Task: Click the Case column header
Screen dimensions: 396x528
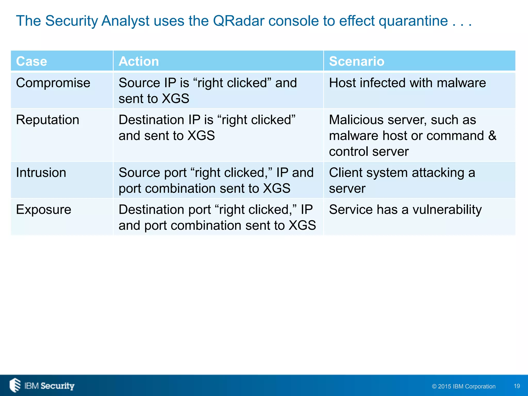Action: coord(31,61)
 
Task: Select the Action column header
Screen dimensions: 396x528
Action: coord(139,61)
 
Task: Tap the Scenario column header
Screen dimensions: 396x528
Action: coord(357,61)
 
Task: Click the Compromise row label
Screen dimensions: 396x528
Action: coord(53,83)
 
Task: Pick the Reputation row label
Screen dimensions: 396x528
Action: coord(47,120)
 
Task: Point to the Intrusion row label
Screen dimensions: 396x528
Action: coord(41,172)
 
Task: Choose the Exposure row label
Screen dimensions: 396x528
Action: coord(44,209)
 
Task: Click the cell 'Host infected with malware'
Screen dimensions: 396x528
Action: coord(407,83)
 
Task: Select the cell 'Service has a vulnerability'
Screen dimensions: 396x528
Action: coord(405,209)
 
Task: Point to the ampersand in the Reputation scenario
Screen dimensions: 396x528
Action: coord(492,136)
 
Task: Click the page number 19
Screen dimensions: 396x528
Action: coord(517,386)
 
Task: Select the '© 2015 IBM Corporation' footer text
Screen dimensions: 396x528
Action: coord(464,386)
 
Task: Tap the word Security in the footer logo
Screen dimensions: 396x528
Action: coord(57,386)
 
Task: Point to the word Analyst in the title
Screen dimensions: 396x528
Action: coord(125,21)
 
